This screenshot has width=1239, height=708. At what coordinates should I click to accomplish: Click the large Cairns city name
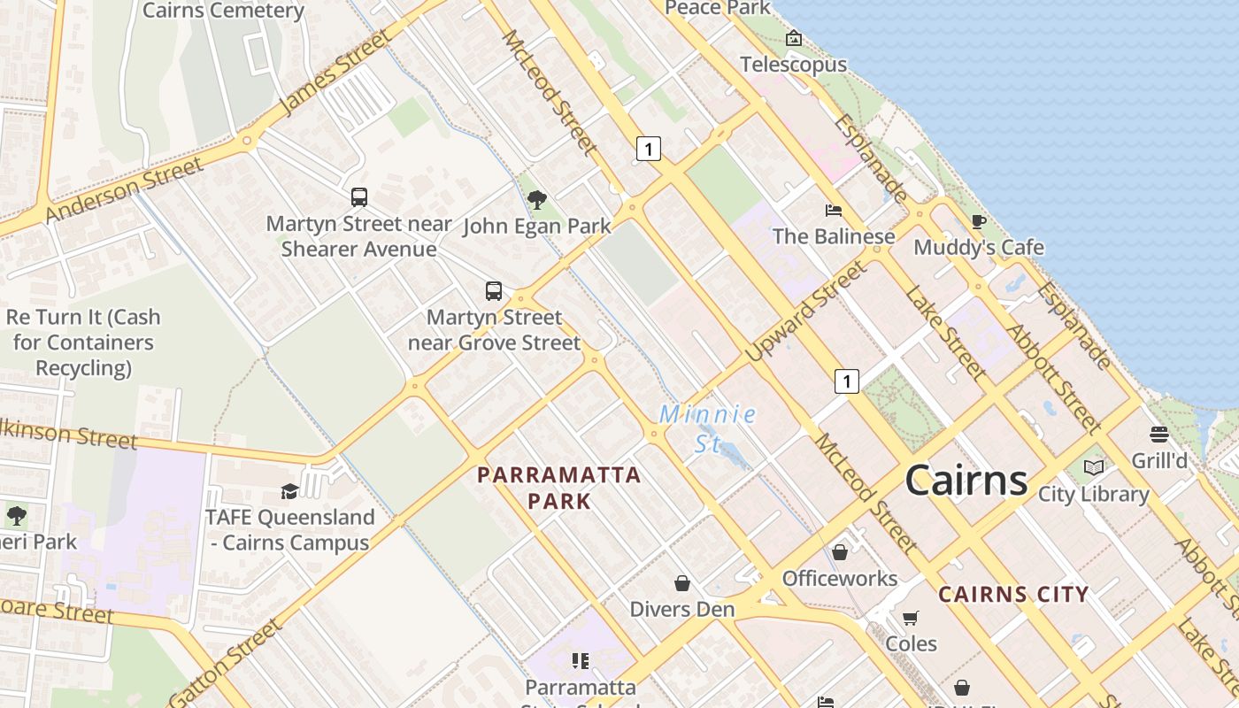(966, 480)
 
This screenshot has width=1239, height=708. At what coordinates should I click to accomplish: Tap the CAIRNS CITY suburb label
(1013, 595)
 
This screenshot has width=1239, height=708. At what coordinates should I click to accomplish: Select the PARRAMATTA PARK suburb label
(558, 488)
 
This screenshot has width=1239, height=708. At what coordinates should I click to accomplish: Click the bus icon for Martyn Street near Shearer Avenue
(358, 197)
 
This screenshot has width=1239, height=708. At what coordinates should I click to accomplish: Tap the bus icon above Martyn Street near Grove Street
(494, 291)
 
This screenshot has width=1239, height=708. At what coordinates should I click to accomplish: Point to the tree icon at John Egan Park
(536, 200)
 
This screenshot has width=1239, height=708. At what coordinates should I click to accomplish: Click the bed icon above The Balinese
(833, 211)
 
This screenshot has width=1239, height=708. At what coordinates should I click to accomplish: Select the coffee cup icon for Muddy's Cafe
(978, 221)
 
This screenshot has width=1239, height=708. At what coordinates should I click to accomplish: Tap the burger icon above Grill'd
(1158, 435)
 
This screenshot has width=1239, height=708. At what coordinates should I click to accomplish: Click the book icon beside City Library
(1094, 467)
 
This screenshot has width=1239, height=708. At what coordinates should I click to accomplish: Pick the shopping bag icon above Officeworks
(839, 552)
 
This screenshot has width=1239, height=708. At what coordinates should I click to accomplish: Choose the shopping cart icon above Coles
(911, 618)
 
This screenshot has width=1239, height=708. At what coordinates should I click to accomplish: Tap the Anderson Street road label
(124, 190)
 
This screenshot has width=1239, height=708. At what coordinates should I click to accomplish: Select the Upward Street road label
(805, 312)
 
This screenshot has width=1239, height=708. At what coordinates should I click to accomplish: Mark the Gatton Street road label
(226, 662)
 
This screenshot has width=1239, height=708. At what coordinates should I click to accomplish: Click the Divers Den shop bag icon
(681, 583)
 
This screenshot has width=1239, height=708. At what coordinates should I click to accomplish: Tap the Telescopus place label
(793, 65)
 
